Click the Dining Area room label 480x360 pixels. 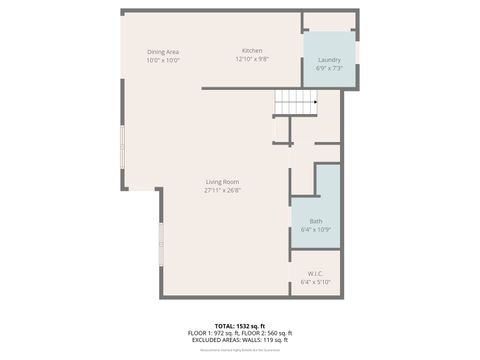tap(163, 52)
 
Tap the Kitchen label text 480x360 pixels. tap(252, 51)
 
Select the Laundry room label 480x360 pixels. tap(329, 60)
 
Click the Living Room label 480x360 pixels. tap(222, 182)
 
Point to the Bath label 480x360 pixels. tap(316, 221)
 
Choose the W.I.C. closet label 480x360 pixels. tap(315, 274)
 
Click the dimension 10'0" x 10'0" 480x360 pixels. tap(163, 60)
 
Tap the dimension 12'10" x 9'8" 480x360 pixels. tap(252, 59)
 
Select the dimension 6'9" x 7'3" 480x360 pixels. tap(329, 68)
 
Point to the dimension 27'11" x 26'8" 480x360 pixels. tap(222, 190)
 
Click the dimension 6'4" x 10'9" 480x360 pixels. tap(316, 229)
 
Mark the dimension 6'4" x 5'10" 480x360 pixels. tap(315, 282)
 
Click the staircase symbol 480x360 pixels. tap(296, 101)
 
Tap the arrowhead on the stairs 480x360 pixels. tap(316, 101)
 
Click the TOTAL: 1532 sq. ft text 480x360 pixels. tap(239, 326)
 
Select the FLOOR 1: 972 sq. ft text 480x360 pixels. tap(215, 333)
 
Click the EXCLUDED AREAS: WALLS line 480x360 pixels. tap(239, 339)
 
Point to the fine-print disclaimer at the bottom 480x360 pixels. tap(239, 350)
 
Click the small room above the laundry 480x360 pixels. tap(329, 22)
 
